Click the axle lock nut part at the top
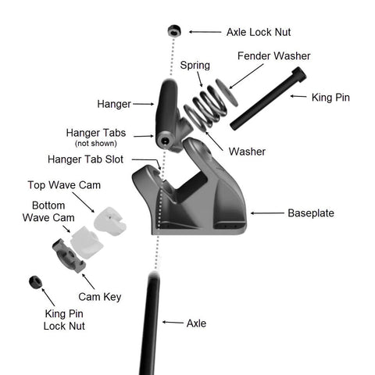[x=174, y=31]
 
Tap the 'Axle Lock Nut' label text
[x=259, y=32]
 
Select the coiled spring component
[x=205, y=108]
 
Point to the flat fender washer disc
[x=227, y=93]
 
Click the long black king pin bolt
[x=268, y=98]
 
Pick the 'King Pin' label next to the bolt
[x=330, y=98]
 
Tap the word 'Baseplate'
[x=311, y=213]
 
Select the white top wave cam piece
[x=110, y=221]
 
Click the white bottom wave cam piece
[x=87, y=243]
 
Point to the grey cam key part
[x=69, y=255]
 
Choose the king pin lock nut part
[x=35, y=282]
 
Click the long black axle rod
[x=150, y=323]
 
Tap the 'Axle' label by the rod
[x=196, y=323]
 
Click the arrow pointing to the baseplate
[x=267, y=213]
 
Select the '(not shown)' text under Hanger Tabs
[x=96, y=144]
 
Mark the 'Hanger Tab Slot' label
[x=85, y=159]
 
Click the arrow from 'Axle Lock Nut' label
[x=205, y=32]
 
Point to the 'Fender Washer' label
[x=274, y=56]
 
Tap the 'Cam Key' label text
[x=100, y=297]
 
